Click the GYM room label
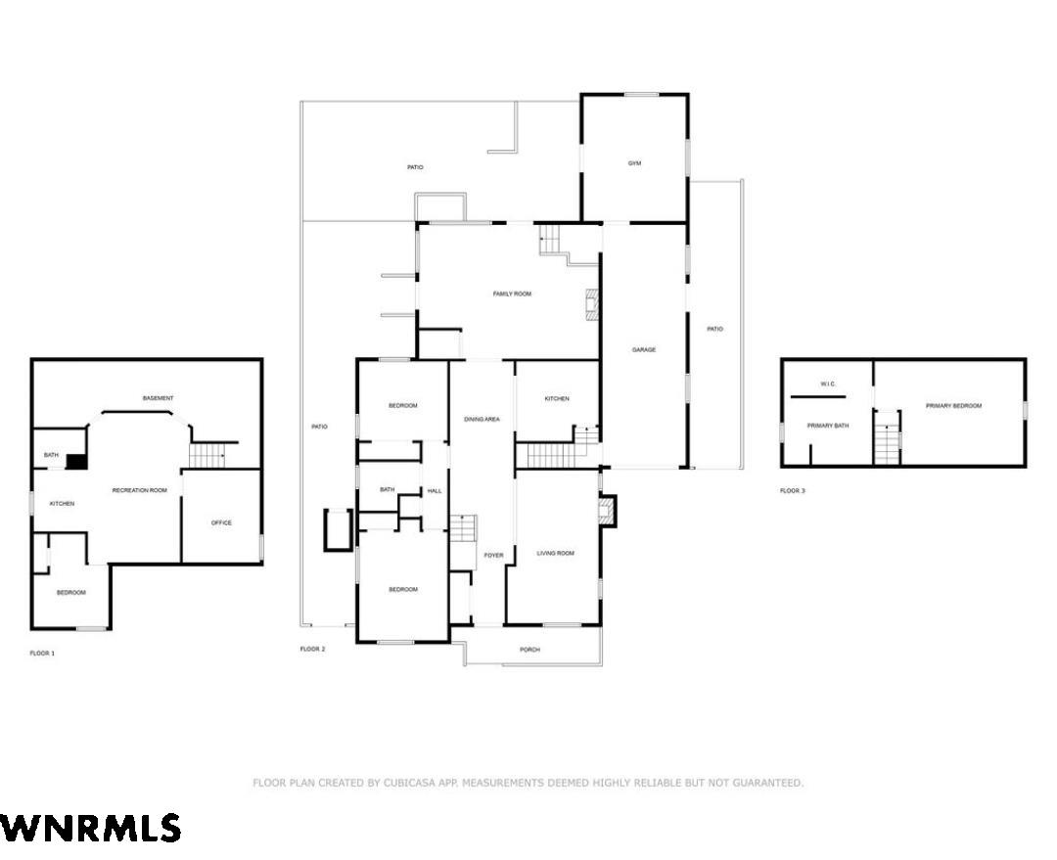(634, 163)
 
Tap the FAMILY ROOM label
(512, 294)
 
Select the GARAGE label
(644, 350)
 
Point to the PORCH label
(529, 650)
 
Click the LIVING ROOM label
(556, 554)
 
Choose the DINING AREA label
(482, 419)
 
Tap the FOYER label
(493, 556)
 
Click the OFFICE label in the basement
(221, 522)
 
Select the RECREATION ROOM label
(140, 490)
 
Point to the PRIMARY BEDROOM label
(953, 406)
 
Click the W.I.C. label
(829, 385)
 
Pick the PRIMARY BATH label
(828, 426)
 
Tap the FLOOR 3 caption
(792, 490)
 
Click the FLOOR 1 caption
(42, 654)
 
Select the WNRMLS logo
(90, 828)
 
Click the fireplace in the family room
(592, 303)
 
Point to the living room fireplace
(608, 511)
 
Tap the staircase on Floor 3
(887, 442)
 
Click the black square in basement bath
(76, 462)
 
